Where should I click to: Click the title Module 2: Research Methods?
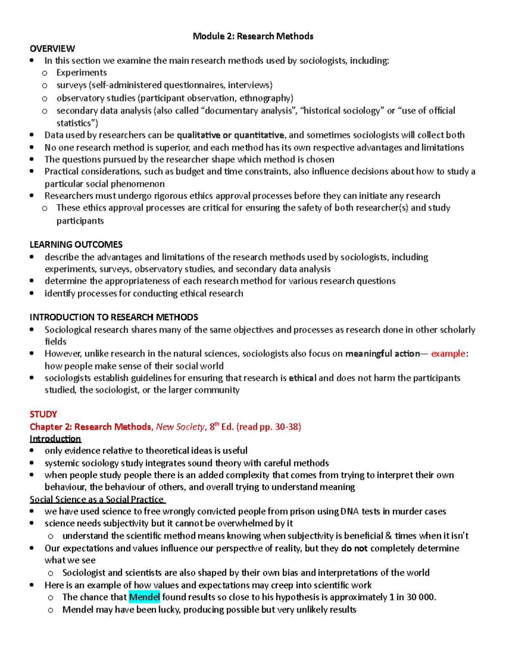tap(253, 36)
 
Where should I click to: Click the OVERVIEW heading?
tap(52, 49)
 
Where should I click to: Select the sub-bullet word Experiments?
tap(81, 73)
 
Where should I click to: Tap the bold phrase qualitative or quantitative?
tap(230, 135)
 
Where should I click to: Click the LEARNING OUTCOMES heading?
tap(76, 245)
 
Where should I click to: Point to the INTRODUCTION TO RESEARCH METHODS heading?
tap(114, 317)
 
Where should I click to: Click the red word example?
tap(448, 353)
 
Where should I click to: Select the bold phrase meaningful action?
tap(382, 353)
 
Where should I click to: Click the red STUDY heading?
tap(43, 414)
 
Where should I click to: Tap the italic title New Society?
tap(180, 427)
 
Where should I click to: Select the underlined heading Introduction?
tap(55, 439)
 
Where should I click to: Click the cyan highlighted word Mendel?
tap(144, 597)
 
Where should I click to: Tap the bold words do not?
tap(354, 548)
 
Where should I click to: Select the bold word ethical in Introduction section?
tap(302, 378)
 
